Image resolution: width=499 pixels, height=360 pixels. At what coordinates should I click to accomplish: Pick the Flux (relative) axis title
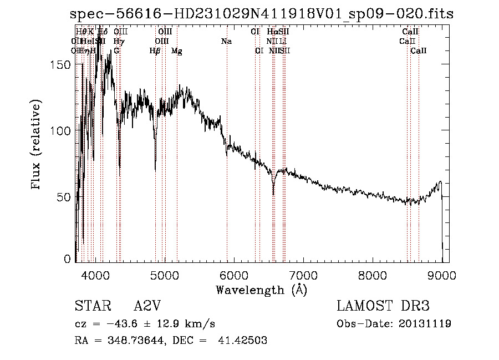tap(37, 145)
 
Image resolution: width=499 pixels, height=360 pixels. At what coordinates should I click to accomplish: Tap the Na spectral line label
tap(226, 42)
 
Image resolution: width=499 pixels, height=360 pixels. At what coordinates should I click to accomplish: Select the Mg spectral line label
tap(176, 51)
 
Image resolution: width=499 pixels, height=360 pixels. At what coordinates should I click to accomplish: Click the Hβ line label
tap(155, 51)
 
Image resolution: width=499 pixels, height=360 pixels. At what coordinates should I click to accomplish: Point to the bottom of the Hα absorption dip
tap(273, 194)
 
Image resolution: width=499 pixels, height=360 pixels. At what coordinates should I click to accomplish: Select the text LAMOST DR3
tap(383, 306)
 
